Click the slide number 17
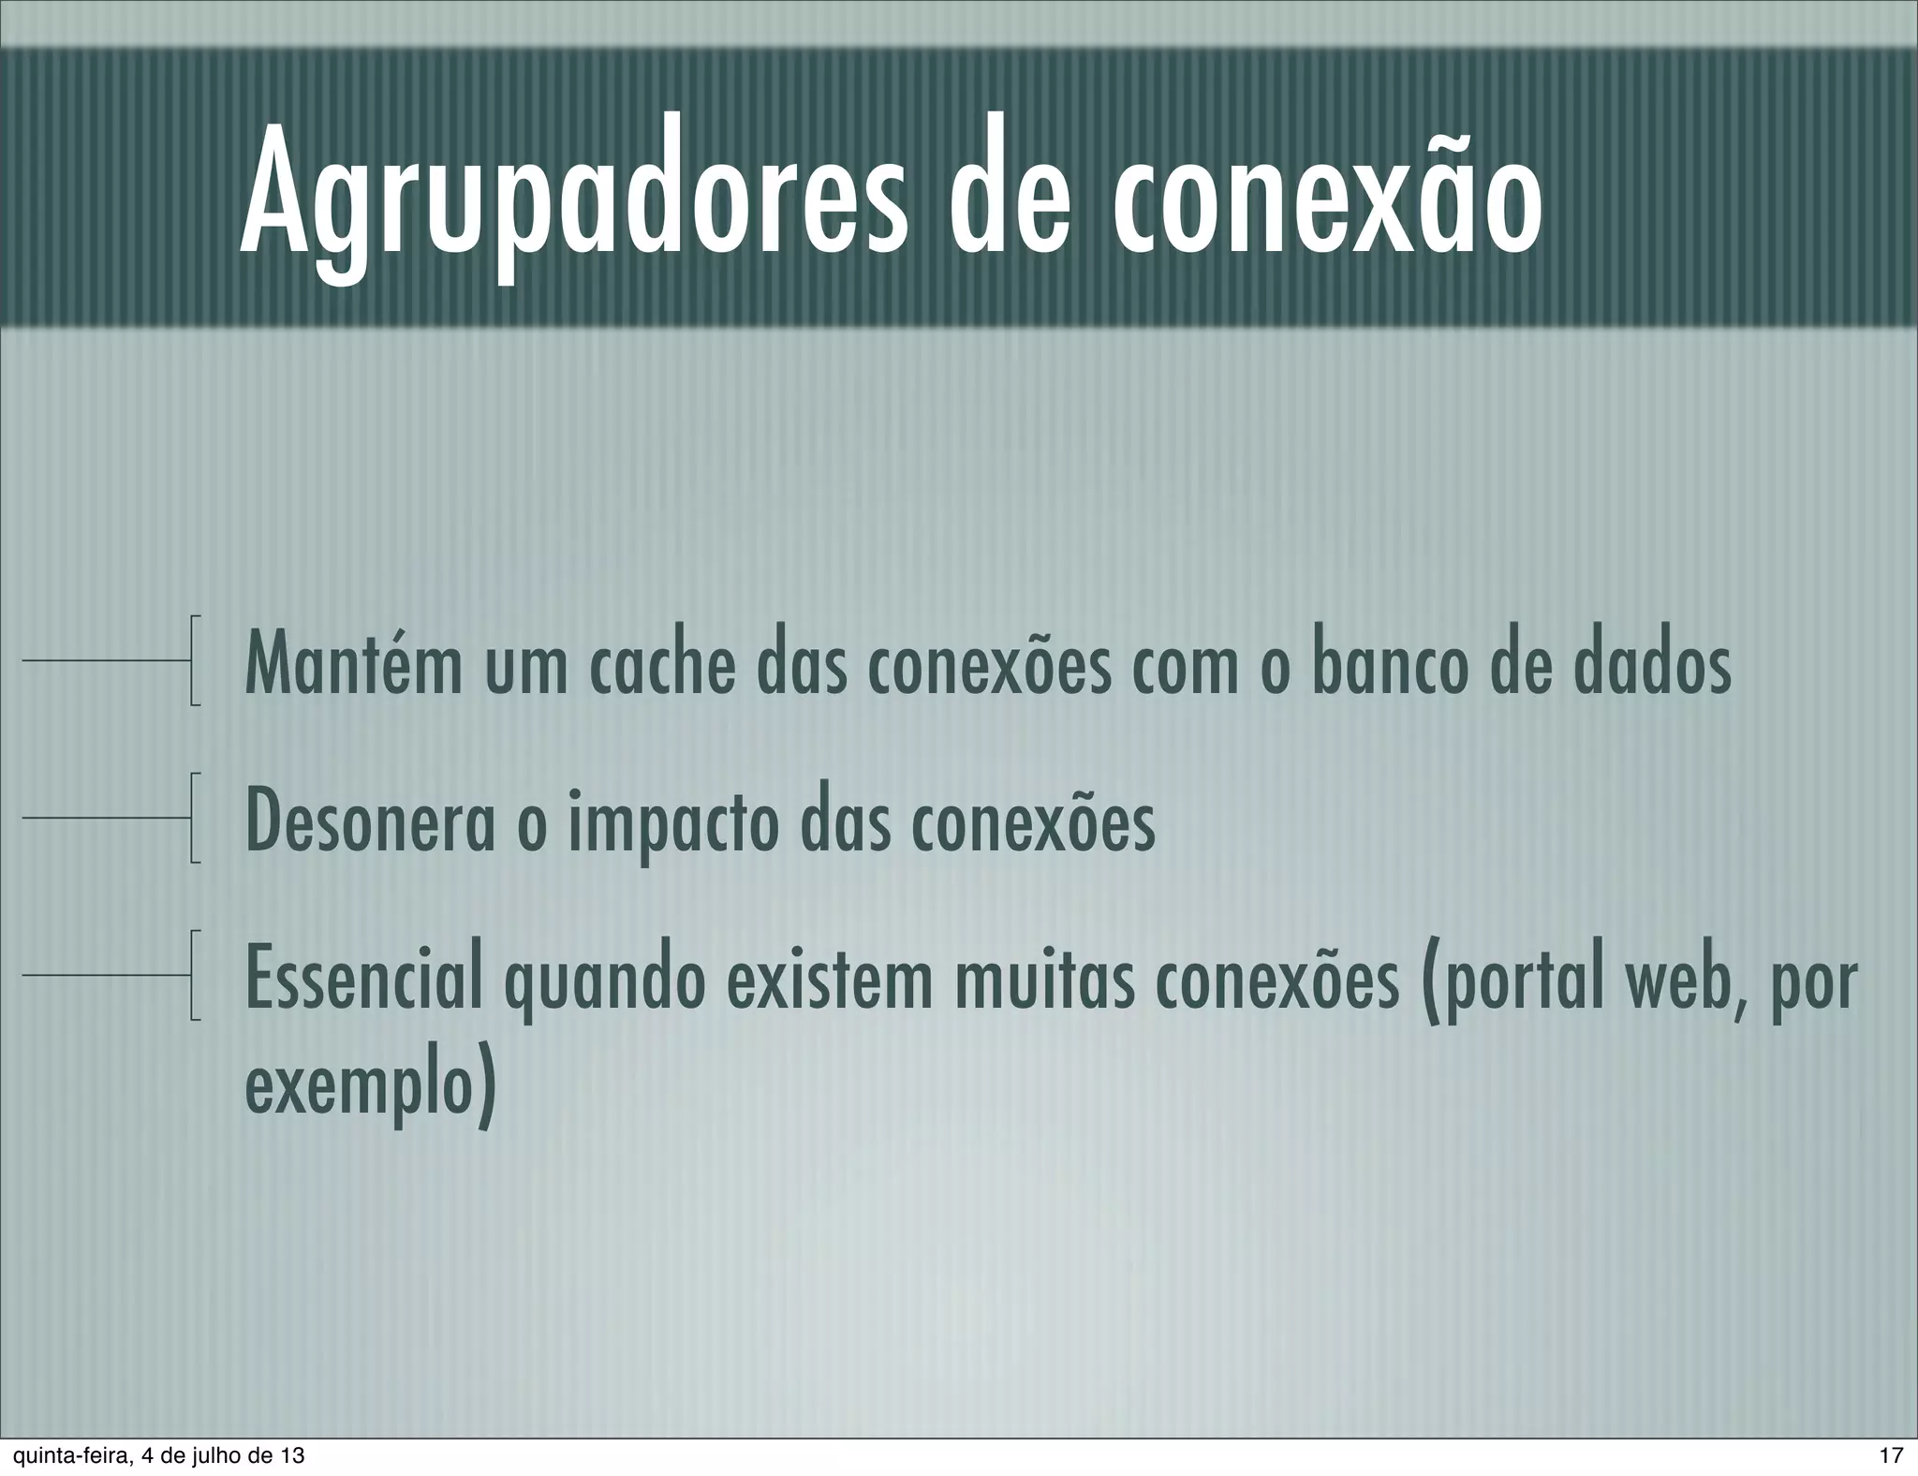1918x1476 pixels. [x=1891, y=1455]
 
